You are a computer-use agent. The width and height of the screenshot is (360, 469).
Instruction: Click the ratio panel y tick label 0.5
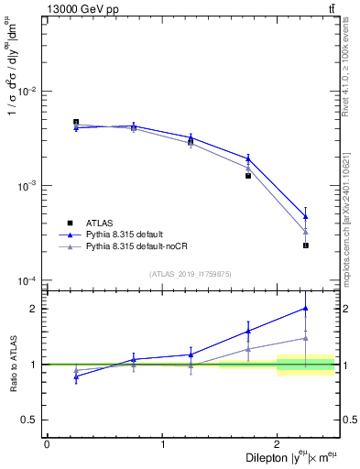pos(31,420)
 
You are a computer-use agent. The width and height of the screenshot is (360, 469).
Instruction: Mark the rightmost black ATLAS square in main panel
pos(306,245)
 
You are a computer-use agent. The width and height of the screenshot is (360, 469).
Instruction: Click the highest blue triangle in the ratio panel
pos(306,308)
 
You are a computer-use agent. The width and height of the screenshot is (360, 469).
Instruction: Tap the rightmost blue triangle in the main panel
pos(306,216)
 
